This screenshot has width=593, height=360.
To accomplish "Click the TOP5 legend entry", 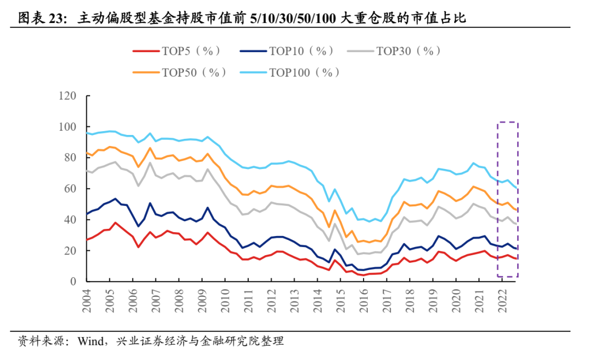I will click(x=177, y=51).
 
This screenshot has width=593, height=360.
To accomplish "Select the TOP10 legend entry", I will click(x=287, y=51).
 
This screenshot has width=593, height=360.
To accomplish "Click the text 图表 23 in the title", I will click(x=42, y=19).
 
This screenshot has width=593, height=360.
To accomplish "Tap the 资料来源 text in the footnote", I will click(x=36, y=341).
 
